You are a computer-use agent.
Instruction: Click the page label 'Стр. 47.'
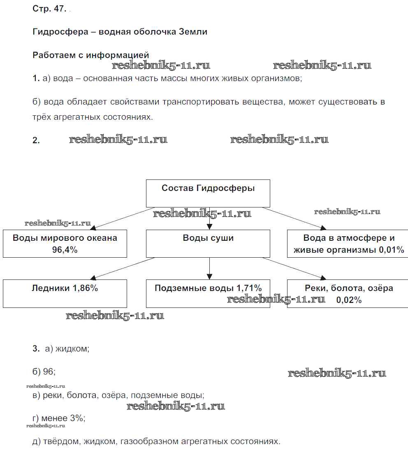[49, 9]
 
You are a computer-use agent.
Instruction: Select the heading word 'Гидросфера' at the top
[60, 32]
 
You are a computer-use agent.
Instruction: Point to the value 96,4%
[65, 250]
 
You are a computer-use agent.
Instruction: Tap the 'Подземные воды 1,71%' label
[208, 288]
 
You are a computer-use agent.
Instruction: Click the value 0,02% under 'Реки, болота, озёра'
[349, 300]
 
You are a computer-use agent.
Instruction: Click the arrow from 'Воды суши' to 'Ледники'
[123, 268]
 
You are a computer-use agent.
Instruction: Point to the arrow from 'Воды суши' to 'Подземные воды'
[209, 268]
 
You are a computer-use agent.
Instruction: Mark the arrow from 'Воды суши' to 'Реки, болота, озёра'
[294, 268]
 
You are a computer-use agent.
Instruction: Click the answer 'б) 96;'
[44, 372]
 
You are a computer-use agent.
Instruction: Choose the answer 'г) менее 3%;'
[58, 418]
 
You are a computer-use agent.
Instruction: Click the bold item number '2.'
[36, 140]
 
